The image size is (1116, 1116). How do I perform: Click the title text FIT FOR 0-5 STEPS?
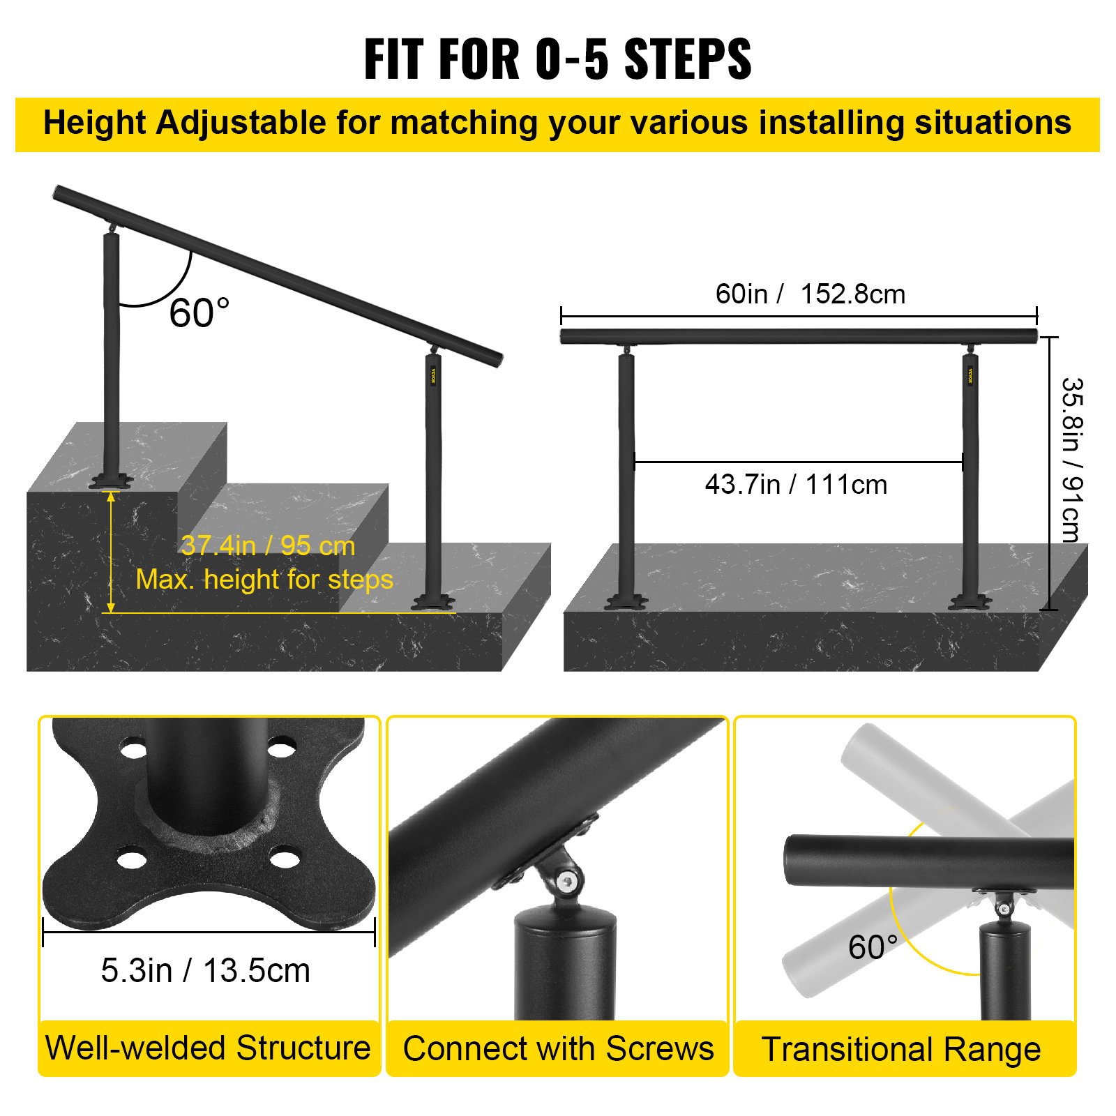(557, 59)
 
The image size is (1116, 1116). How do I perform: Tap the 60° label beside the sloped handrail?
(199, 312)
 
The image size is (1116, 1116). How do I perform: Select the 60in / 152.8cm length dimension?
(810, 294)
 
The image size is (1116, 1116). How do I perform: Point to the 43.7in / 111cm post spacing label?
(796, 485)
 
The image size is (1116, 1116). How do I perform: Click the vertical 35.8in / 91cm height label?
(1071, 460)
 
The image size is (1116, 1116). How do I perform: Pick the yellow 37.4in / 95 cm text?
(268, 546)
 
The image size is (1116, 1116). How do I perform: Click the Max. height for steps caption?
(264, 580)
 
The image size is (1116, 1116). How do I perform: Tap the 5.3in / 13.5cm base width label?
(205, 971)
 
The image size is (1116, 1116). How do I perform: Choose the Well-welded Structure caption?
(208, 1048)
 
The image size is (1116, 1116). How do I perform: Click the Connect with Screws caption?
(558, 1049)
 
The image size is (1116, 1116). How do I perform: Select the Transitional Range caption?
(901, 1050)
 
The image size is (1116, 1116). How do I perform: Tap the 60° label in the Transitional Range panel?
(872, 947)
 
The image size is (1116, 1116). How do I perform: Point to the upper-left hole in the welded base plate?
(134, 751)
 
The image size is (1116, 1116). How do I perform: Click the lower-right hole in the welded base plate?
(285, 858)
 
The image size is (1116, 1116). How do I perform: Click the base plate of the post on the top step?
(110, 481)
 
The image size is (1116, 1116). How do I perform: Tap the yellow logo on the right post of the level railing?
(970, 375)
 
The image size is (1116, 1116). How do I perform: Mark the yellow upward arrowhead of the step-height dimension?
(111, 497)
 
